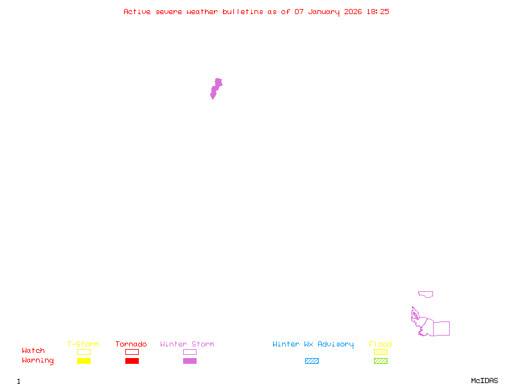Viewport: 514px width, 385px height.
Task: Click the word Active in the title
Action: (137, 12)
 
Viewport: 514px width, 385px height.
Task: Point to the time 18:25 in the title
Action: (378, 12)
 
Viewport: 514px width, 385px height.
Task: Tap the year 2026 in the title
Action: (353, 12)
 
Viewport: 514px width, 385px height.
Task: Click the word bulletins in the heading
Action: (242, 12)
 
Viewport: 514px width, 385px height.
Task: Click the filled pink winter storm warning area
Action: (216, 88)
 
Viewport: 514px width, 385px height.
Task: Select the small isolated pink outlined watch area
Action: (425, 294)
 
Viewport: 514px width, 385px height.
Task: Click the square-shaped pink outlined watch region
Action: (441, 329)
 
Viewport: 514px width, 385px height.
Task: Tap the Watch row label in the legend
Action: (33, 351)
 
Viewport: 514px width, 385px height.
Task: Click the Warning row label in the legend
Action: (38, 361)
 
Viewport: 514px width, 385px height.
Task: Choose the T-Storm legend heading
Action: (83, 345)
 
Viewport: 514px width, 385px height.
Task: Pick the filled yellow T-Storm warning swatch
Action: (84, 361)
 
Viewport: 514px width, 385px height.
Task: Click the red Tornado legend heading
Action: (131, 345)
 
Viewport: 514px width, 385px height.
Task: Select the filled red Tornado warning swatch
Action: (132, 361)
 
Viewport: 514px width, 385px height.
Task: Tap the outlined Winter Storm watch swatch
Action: (190, 352)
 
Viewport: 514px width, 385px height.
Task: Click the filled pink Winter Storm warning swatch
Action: (190, 361)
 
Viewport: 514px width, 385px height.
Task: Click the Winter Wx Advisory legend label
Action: (313, 345)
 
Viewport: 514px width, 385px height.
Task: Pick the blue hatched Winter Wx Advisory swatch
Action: (312, 361)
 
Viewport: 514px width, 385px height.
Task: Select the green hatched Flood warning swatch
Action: (380, 361)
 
